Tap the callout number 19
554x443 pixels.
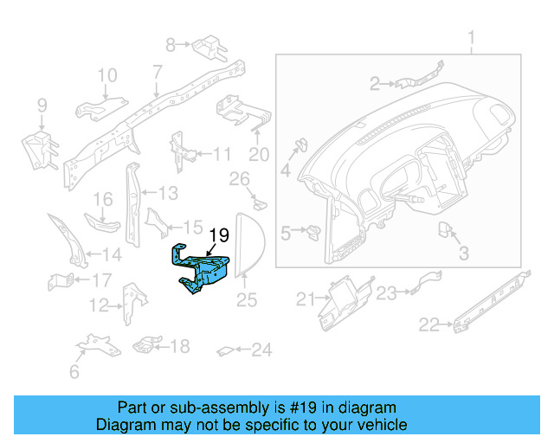click(219, 234)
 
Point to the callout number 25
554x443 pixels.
click(248, 300)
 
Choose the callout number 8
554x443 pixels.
click(171, 43)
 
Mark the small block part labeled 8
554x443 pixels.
click(207, 42)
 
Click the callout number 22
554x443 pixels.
click(429, 325)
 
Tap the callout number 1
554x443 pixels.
click(472, 38)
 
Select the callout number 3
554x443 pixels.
click(463, 254)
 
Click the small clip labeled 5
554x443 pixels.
click(312, 231)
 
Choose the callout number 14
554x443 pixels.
click(113, 254)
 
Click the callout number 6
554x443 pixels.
click(74, 373)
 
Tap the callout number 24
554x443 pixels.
click(261, 350)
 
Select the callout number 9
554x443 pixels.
click(41, 106)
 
